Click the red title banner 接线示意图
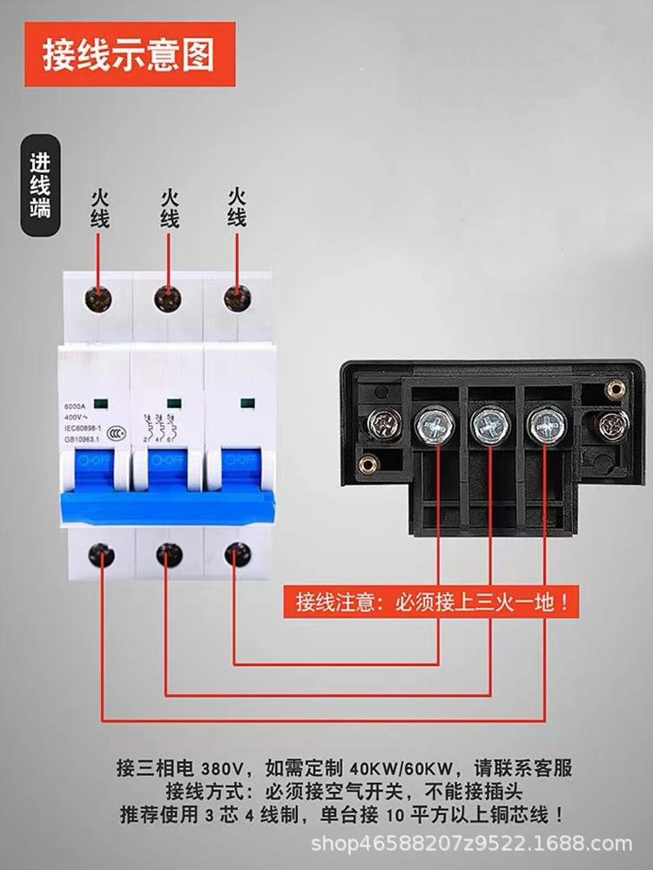click(x=130, y=54)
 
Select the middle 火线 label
click(x=169, y=208)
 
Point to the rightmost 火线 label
click(x=237, y=206)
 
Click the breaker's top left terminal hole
click(x=98, y=299)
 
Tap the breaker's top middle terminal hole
click(x=168, y=299)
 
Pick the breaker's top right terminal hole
click(x=237, y=298)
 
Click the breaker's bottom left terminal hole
click(x=101, y=554)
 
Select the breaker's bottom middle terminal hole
click(x=169, y=554)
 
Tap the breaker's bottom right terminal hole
click(x=237, y=554)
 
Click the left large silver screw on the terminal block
click(x=434, y=425)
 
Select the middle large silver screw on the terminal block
click(x=489, y=425)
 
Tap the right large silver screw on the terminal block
click(x=547, y=425)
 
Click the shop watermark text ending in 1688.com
click(x=471, y=844)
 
